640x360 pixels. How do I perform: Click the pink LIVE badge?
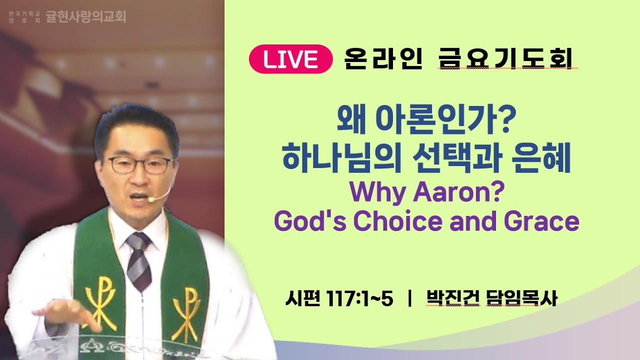tap(291, 59)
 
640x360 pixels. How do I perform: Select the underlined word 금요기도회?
tap(506, 59)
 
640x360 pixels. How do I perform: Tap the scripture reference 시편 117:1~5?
tap(338, 298)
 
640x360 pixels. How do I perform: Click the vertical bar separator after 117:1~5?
tap(409, 298)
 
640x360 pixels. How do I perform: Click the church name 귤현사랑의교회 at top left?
tap(85, 17)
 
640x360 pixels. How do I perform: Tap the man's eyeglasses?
tap(139, 164)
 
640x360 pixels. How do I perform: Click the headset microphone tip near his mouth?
tap(150, 199)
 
